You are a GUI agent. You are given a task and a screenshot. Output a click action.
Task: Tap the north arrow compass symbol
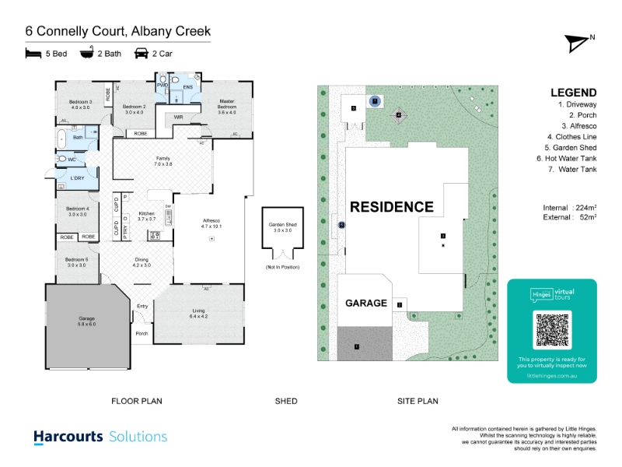(578, 43)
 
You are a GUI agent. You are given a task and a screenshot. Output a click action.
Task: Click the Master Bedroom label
(227, 107)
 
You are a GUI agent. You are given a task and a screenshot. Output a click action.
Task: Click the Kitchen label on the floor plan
(147, 216)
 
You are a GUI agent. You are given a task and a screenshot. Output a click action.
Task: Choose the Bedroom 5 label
(76, 262)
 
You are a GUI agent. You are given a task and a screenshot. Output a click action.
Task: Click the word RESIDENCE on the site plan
(391, 207)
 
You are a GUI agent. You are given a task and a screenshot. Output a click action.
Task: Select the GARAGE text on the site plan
(365, 303)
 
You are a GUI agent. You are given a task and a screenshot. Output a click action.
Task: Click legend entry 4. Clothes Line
(571, 136)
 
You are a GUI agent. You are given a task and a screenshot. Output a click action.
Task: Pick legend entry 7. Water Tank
(573, 168)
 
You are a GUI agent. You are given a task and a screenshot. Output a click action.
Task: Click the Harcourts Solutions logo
(100, 437)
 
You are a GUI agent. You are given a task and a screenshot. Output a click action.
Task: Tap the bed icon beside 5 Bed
(33, 54)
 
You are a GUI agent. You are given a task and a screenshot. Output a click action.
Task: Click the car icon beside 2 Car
(142, 54)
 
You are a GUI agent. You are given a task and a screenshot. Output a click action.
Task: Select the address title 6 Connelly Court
(118, 31)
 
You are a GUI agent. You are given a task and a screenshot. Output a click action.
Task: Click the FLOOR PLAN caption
(136, 402)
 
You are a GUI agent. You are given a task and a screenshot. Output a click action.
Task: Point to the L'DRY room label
(77, 178)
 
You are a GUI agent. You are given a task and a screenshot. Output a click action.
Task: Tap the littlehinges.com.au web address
(551, 374)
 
